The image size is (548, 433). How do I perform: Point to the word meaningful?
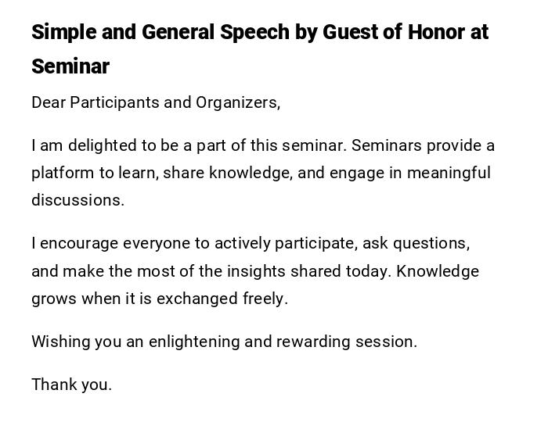pos(445,173)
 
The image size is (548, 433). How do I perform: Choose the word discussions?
pos(78,200)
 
